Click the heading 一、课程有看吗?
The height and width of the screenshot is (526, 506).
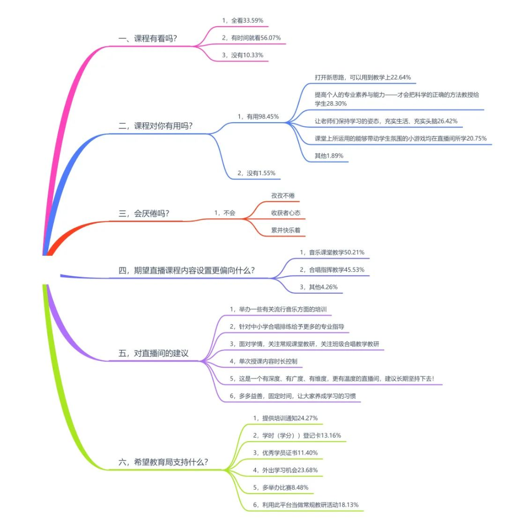click(147, 39)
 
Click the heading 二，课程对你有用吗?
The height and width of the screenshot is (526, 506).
click(155, 126)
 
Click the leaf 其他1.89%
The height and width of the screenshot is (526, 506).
click(329, 156)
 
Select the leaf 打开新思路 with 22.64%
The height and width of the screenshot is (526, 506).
click(363, 78)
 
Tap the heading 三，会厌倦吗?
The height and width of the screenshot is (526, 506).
click(144, 213)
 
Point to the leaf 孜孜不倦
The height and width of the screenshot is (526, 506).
click(283, 196)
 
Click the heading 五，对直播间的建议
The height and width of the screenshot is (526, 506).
click(154, 353)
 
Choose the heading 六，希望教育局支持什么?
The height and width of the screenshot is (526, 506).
click(163, 462)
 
